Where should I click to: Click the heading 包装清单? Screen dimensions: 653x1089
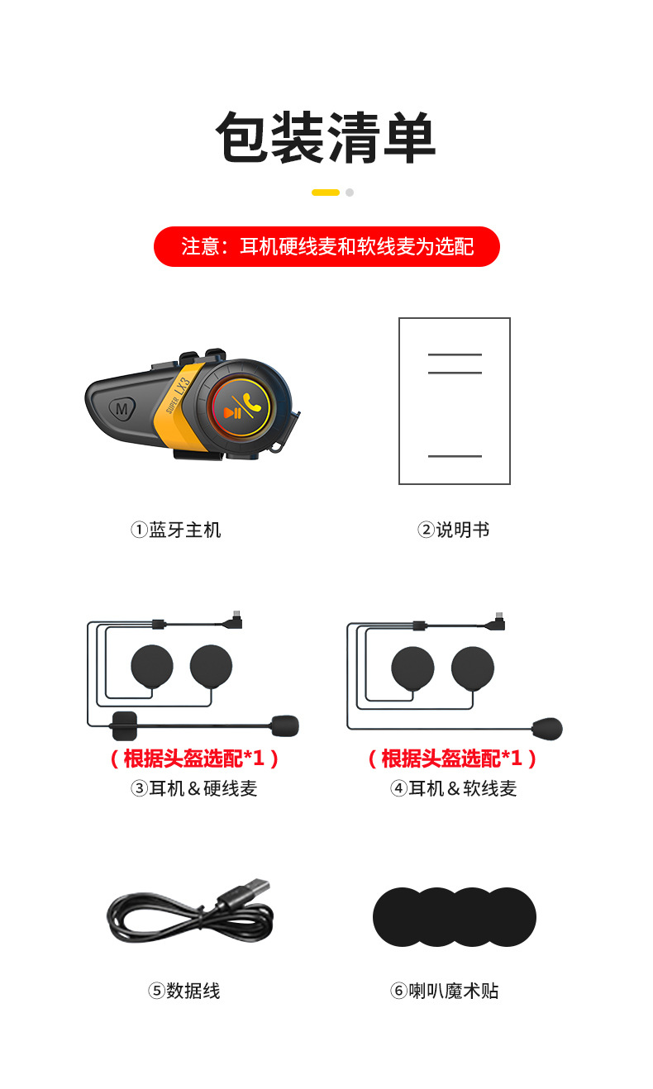pos(326,137)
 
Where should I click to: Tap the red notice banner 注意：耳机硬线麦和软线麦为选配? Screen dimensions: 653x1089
pos(326,246)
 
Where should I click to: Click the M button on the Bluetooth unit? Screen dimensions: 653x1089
pos(122,409)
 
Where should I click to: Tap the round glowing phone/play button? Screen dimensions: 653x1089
pos(241,406)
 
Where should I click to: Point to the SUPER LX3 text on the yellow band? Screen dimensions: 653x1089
pos(178,395)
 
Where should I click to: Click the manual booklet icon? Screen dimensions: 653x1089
pos(455,401)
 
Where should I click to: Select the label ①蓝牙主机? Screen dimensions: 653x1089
pos(176,530)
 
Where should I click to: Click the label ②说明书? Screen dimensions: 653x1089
pos(454,530)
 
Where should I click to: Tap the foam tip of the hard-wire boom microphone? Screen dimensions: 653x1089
pos(285,725)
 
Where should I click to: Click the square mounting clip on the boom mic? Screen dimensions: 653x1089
pos(125,725)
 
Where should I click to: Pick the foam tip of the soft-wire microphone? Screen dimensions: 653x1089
pos(547,728)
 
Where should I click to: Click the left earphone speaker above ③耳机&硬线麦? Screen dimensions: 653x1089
pos(152,666)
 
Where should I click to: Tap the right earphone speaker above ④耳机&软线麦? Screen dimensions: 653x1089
pos(473,668)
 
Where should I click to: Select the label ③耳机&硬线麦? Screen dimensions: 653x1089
pos(194,788)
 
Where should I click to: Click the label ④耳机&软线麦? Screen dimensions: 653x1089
pos(454,788)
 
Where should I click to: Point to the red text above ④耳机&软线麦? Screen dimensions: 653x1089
pos(452,758)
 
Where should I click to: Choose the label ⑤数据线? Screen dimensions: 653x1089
pos(184,991)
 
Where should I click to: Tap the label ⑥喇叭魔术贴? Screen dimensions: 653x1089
pos(445,991)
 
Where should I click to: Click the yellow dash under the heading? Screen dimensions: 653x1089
pos(326,193)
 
